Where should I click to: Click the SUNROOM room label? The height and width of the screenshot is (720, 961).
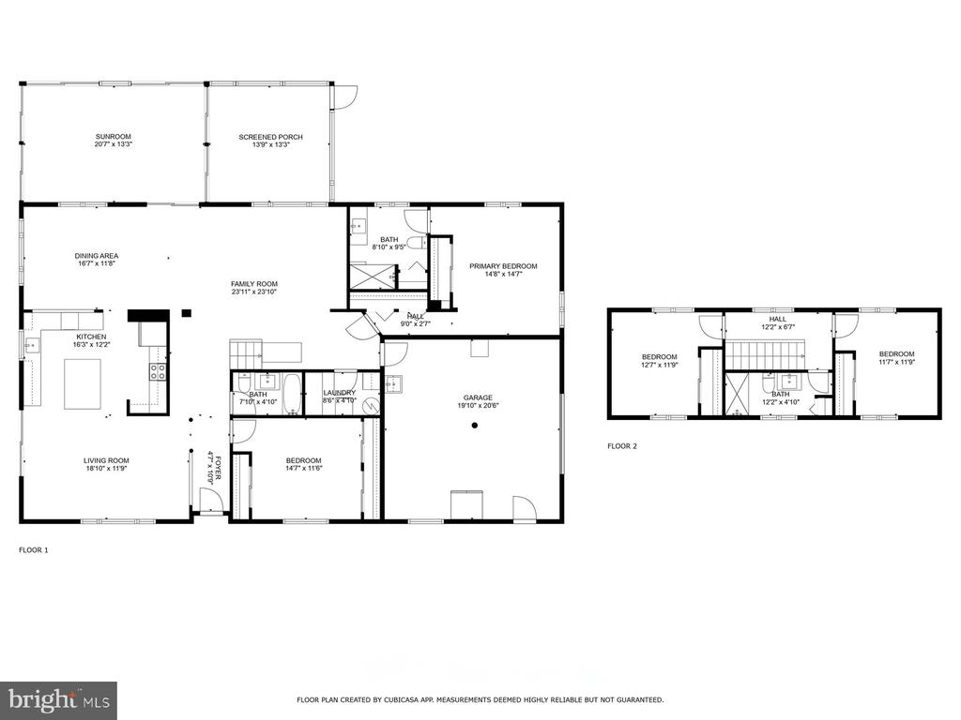(x=114, y=137)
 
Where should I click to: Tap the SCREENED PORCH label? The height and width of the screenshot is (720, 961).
(x=271, y=137)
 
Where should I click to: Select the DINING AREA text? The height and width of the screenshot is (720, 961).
(x=97, y=256)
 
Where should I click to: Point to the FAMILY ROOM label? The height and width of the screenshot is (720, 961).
(x=253, y=284)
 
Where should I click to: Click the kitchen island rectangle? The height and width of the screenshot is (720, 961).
(x=83, y=383)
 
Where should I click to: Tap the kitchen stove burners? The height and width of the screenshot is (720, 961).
(x=158, y=372)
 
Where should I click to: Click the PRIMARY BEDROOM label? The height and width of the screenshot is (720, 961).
(x=503, y=266)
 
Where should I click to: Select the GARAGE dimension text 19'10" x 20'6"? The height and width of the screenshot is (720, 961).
(x=478, y=405)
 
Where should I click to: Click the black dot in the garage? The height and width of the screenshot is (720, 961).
(x=474, y=426)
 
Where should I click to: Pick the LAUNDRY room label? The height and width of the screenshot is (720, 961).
(x=340, y=393)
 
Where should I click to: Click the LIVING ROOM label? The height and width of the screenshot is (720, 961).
(x=107, y=460)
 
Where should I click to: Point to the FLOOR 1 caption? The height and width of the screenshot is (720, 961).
(x=34, y=549)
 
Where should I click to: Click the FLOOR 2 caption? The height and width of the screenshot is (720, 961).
(x=622, y=446)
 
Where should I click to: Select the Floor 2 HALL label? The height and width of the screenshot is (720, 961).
(x=778, y=319)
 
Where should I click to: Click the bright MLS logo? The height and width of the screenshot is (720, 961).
(x=59, y=698)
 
